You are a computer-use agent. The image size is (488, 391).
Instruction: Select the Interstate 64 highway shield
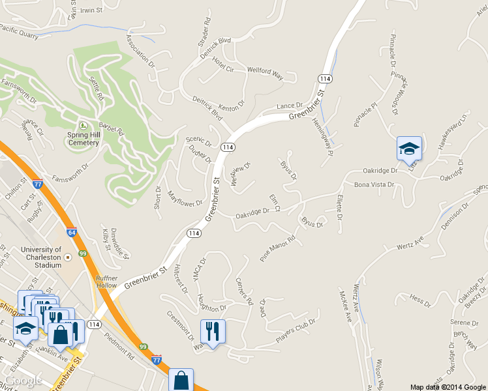click(71, 231)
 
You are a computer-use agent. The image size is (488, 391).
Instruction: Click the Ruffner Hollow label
click(107, 282)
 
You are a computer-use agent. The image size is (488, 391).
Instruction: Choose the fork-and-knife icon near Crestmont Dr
click(213, 332)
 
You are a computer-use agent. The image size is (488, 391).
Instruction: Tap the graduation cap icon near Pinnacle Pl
click(409, 149)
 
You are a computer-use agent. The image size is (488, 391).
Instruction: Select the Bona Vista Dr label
click(374, 185)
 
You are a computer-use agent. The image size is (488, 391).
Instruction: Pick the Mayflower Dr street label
click(185, 199)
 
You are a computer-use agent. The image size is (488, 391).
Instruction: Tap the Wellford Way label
click(265, 73)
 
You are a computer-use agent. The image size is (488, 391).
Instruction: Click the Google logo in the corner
click(23, 381)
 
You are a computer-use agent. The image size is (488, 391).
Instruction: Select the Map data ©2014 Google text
click(448, 386)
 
